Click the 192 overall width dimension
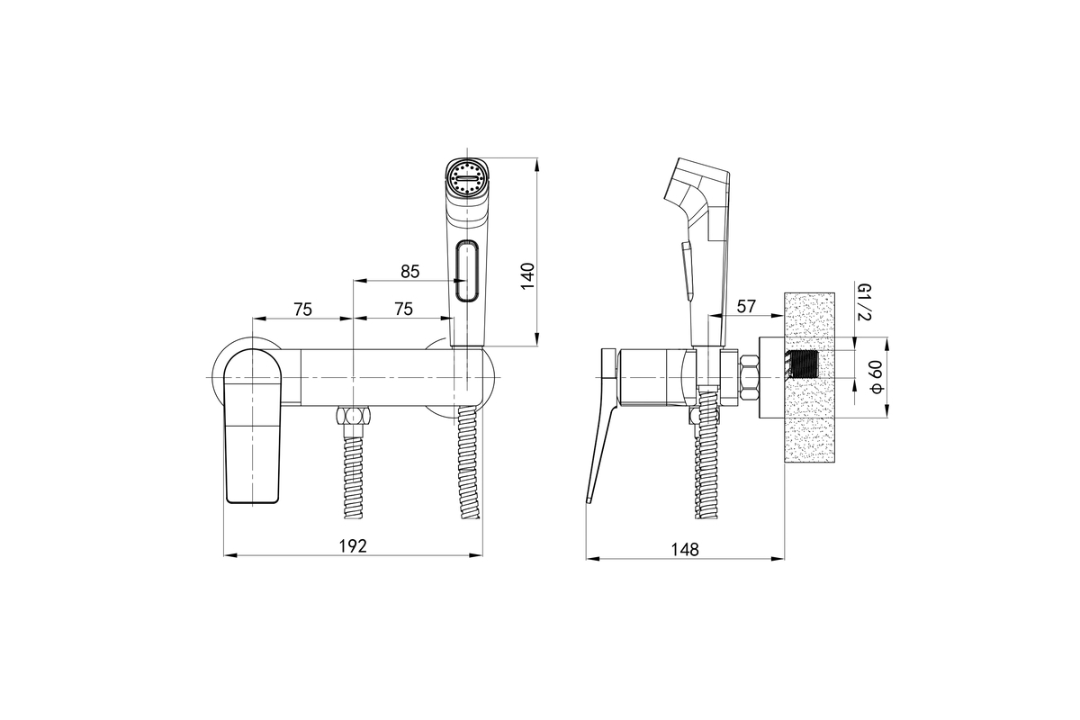pos(353,546)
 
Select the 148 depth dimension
pos(685,549)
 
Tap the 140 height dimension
pos(528,275)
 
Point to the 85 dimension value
pos(409,272)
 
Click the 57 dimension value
pos(746,306)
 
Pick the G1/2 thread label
pos(862,301)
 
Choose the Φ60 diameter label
pos(876,377)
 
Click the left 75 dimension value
pos(302,309)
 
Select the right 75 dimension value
pos(403,309)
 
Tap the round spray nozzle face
pos(466,178)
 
